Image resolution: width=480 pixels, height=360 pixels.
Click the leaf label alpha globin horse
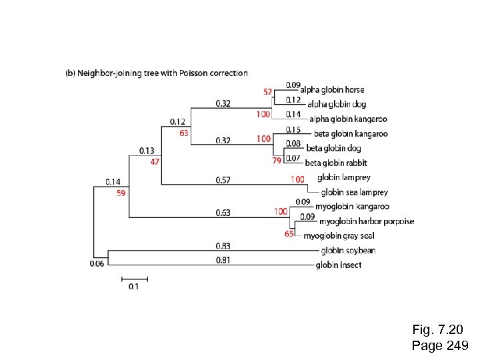coord(332,89)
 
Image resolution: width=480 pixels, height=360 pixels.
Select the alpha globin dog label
coord(337,104)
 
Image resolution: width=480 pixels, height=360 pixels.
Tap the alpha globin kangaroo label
coord(348,119)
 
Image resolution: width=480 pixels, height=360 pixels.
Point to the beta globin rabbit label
coord(336,163)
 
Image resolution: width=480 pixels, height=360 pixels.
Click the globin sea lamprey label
coord(354,192)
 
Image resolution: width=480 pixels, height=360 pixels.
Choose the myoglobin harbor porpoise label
coord(367,221)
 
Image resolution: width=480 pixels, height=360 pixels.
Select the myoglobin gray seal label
coord(339,236)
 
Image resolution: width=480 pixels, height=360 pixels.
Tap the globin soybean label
coord(348,251)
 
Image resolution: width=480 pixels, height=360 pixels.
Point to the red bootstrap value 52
coord(267,91)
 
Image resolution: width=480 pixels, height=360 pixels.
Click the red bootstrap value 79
coord(277,160)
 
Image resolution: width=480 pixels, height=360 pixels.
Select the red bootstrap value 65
coord(289,234)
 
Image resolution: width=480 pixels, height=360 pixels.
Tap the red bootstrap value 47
coord(155,161)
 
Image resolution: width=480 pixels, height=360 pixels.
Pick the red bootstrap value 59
coord(121,193)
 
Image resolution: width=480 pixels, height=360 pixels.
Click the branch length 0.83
coord(223,246)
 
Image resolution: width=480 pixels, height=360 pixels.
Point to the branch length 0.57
coord(223,179)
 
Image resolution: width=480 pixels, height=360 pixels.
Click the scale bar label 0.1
coord(133,287)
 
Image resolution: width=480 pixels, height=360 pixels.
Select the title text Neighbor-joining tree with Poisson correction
coord(162,73)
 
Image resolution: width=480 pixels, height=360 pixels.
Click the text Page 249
coord(440,345)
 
